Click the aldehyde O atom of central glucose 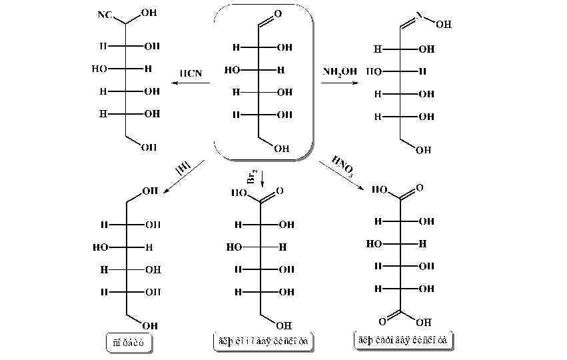click(277, 13)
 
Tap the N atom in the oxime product click(420, 13)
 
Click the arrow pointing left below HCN click(190, 83)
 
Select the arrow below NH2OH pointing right click(340, 83)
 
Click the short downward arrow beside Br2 click(263, 179)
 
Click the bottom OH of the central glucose click(281, 149)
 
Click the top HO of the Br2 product click(239, 192)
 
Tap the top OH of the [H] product click(151, 191)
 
